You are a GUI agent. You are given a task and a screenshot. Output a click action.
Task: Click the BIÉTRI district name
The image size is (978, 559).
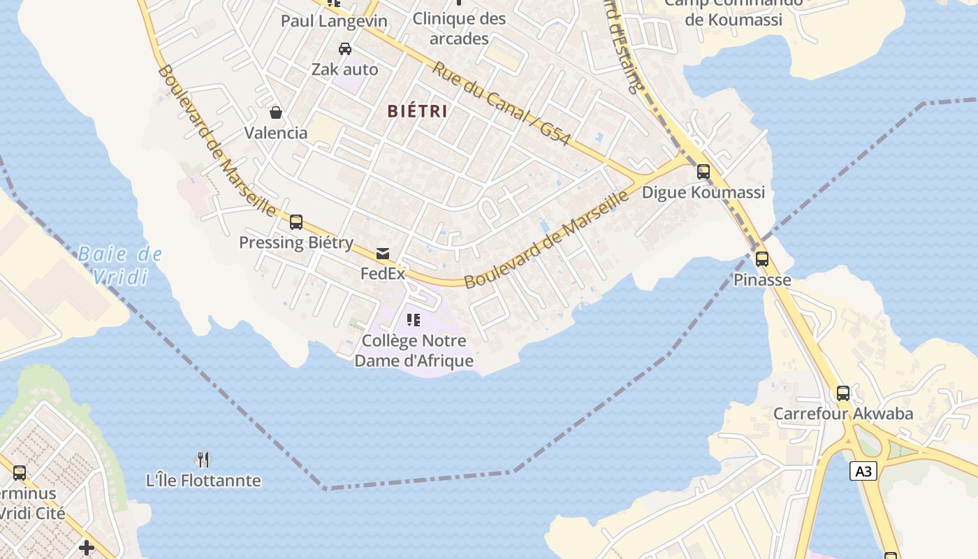click(x=417, y=111)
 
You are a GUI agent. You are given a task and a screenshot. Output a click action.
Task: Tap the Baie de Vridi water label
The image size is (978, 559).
click(x=120, y=266)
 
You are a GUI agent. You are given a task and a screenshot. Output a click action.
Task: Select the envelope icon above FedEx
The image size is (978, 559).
click(x=383, y=254)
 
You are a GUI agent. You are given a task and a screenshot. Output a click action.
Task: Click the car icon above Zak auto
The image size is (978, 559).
click(x=345, y=49)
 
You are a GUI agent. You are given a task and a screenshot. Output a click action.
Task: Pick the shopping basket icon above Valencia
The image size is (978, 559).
click(x=276, y=112)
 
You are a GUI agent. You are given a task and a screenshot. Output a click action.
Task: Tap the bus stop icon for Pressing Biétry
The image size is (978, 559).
click(x=296, y=222)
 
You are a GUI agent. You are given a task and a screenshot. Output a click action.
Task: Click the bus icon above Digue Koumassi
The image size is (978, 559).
click(x=703, y=172)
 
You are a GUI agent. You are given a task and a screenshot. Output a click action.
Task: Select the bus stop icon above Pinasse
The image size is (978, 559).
click(x=761, y=259)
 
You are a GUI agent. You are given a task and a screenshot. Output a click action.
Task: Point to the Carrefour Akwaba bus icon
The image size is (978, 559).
click(x=843, y=393)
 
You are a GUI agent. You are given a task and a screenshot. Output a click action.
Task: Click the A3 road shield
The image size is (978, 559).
click(x=863, y=472)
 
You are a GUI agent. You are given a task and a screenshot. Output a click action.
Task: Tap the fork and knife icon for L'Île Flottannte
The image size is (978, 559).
click(x=203, y=459)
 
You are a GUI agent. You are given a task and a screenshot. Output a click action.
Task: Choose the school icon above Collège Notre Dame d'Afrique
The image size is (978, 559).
click(x=414, y=320)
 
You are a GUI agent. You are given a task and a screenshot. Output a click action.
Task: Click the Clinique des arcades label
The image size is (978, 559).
click(x=459, y=29)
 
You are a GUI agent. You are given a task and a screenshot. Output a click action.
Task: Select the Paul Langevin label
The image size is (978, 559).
click(x=334, y=21)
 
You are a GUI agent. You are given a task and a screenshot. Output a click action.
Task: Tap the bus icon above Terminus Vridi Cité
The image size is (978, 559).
click(x=20, y=473)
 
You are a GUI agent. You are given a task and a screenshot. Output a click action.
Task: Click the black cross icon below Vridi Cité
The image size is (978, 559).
click(x=87, y=548)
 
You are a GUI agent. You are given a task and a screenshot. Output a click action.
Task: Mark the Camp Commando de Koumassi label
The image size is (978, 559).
click(x=733, y=10)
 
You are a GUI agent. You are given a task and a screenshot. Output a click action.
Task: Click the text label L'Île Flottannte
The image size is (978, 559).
click(x=203, y=481)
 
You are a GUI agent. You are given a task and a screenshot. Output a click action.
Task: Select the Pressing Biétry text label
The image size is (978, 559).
click(x=296, y=242)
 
